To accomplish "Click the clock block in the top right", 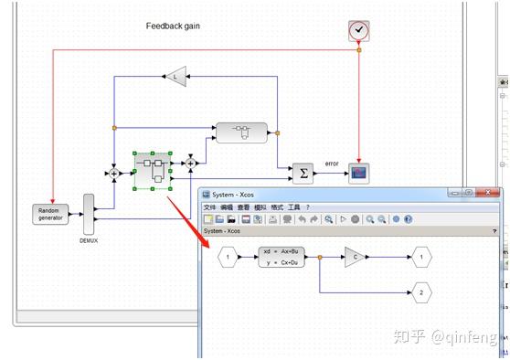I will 358,31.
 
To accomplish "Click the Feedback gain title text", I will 173,26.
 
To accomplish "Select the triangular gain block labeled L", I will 175,77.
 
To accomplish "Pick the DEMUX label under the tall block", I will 89,241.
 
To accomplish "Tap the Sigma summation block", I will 303,172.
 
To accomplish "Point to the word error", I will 332,164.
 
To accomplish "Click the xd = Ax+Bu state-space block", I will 281,257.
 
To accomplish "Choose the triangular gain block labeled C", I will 356,258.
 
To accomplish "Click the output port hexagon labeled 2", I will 420,292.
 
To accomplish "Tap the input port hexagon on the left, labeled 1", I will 228,258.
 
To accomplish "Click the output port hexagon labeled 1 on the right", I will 420,258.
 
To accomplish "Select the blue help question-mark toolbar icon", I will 408,219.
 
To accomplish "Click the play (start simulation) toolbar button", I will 342,219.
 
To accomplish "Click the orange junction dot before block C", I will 319,258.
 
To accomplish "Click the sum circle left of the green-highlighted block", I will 114,172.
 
